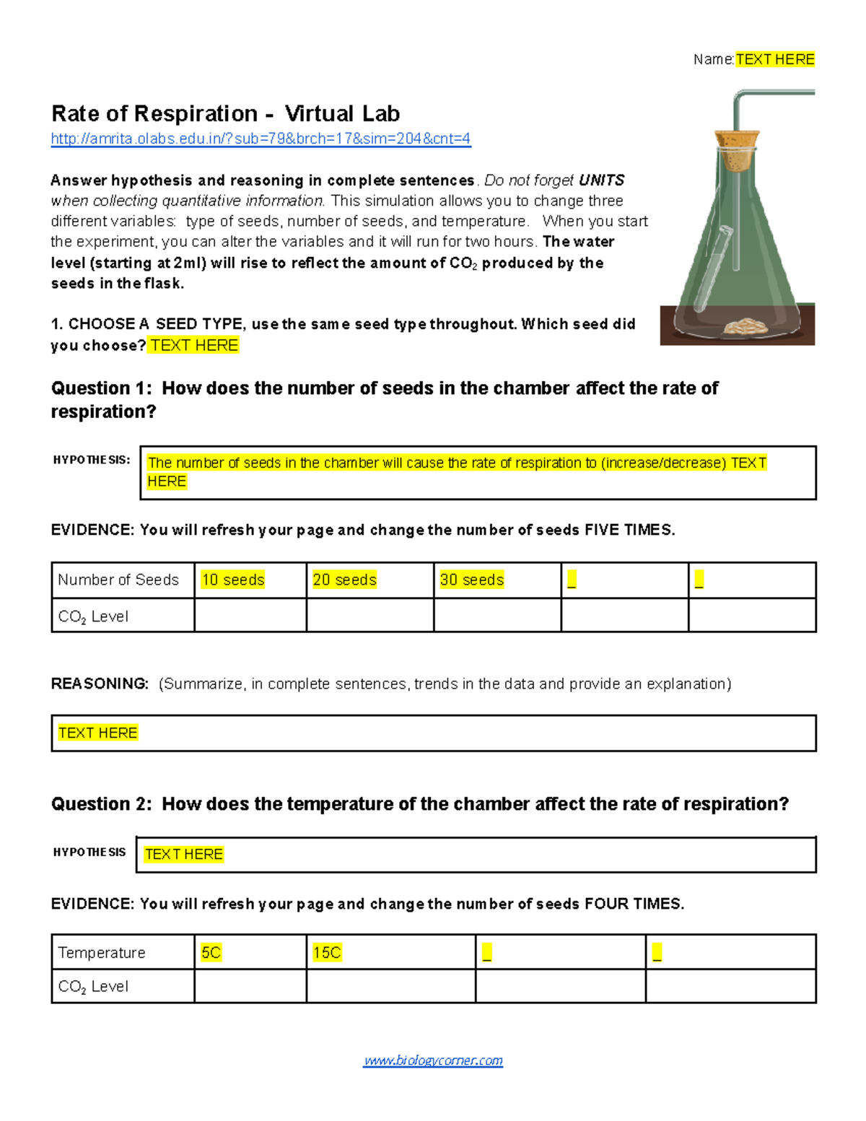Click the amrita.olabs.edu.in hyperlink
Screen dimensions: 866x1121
[x=261, y=139]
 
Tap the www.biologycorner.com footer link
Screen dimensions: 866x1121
[x=433, y=1060]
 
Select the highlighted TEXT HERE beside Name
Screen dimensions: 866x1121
[x=775, y=59]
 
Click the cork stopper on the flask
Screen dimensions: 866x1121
[x=737, y=149]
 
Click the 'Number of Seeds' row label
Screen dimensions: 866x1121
[x=118, y=580]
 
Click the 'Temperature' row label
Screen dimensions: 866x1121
[x=102, y=953]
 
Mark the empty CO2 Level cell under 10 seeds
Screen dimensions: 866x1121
[x=250, y=616]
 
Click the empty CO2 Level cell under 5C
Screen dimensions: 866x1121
[x=250, y=986]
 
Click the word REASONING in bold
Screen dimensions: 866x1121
[x=100, y=684]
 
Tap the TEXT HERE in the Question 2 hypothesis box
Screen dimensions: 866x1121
[x=184, y=854]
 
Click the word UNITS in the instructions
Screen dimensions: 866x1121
[x=601, y=180]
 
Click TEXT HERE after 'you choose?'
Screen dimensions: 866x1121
[x=194, y=345]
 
